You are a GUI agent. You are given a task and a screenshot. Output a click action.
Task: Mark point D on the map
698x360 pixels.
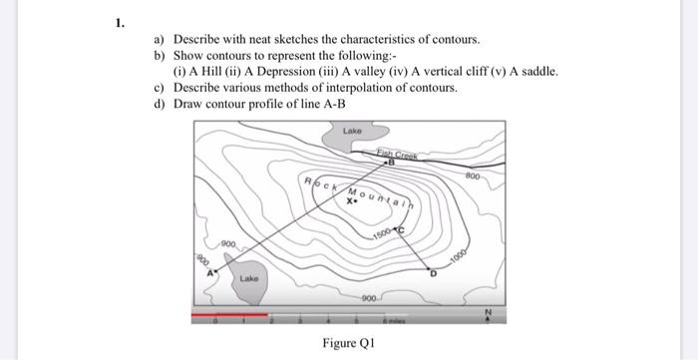(432, 270)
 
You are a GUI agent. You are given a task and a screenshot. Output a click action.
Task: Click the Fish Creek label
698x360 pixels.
(396, 152)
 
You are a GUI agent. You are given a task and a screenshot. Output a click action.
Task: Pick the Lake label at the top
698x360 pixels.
(352, 132)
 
